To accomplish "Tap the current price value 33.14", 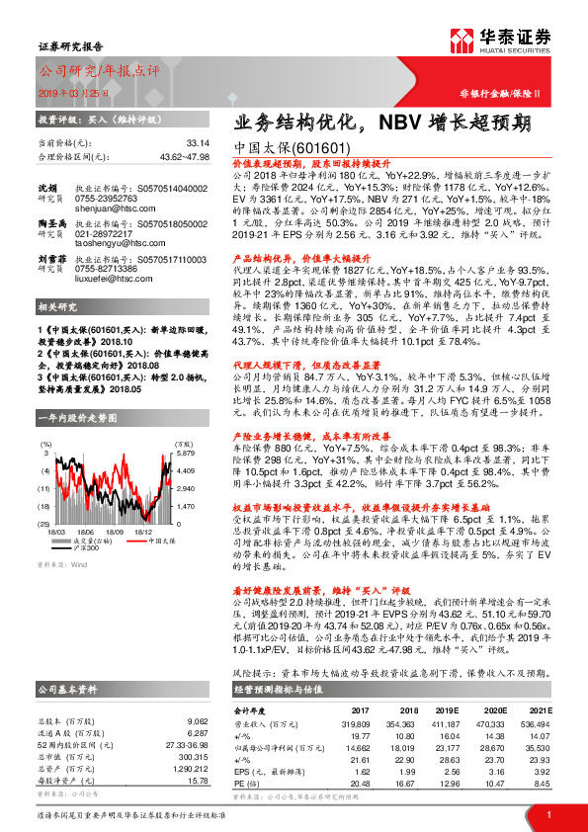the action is coord(199,143).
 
